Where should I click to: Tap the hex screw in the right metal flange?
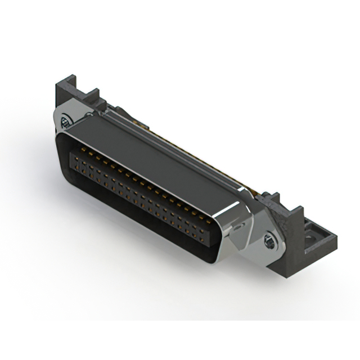pos(269,242)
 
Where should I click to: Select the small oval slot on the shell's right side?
pos(240,227)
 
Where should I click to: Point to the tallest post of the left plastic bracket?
pos(62,92)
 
